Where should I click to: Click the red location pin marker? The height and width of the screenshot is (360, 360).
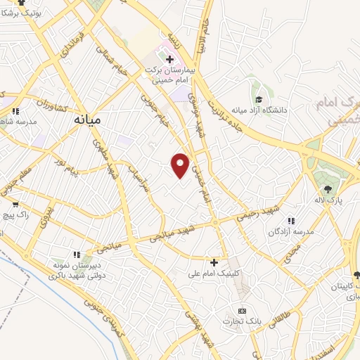click(181, 165)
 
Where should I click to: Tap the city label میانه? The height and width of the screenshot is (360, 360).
click(87, 120)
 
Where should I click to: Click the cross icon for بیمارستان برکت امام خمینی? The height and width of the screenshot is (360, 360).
click(169, 59)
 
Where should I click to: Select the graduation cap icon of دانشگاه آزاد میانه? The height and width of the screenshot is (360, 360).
click(258, 99)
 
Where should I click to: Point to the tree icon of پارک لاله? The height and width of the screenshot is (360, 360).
click(328, 188)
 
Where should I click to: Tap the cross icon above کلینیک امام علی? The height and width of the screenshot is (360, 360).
click(214, 262)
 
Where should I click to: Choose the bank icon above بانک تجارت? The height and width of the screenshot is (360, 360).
click(243, 311)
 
